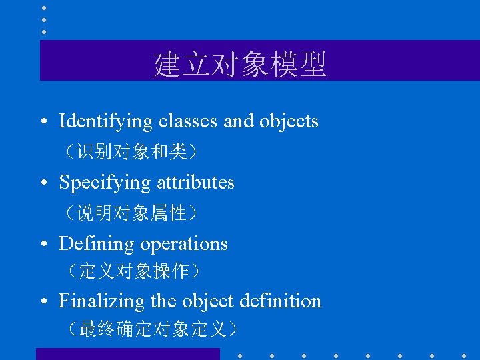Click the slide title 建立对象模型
(240, 65)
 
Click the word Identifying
(106, 121)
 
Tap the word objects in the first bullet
(289, 121)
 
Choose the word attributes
(195, 183)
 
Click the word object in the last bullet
(209, 301)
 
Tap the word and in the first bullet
(238, 121)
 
